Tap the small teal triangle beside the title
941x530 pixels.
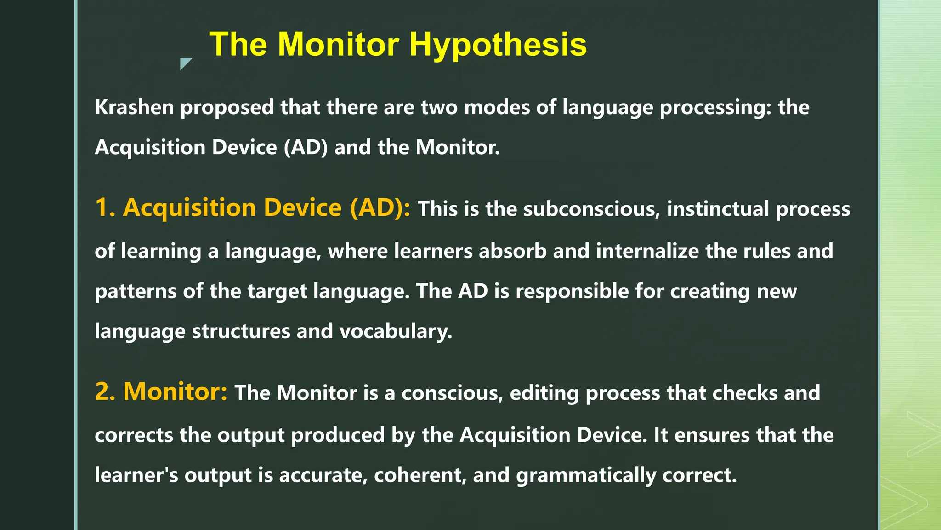click(185, 63)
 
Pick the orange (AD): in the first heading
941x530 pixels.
click(380, 207)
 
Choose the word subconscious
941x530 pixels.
click(591, 209)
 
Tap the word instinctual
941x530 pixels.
click(718, 209)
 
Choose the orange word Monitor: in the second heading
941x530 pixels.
click(175, 392)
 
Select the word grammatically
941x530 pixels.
click(586, 475)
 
